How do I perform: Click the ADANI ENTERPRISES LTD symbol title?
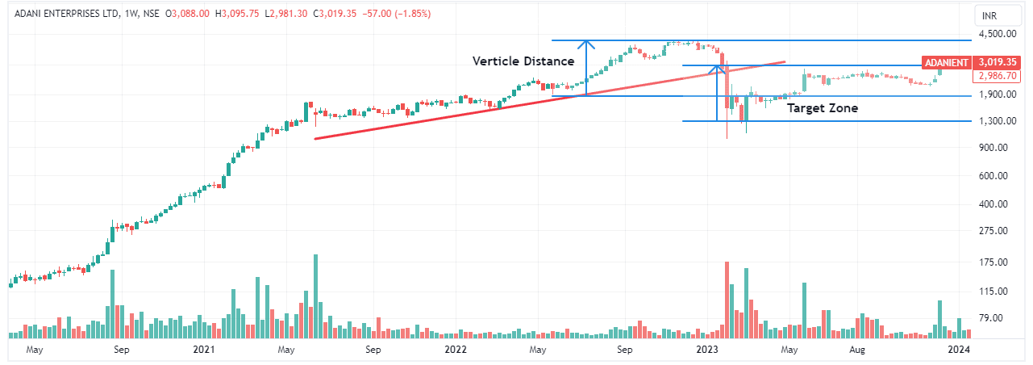(63, 14)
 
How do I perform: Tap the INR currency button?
(989, 15)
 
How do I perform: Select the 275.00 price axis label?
(991, 231)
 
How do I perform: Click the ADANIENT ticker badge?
(946, 61)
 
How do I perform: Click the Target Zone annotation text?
(822, 107)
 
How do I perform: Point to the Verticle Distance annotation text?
(523, 61)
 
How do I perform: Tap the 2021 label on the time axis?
(204, 350)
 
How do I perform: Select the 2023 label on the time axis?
(707, 350)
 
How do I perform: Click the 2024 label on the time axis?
(958, 350)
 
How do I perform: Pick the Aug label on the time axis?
(857, 350)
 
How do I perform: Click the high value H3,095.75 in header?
(225, 14)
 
